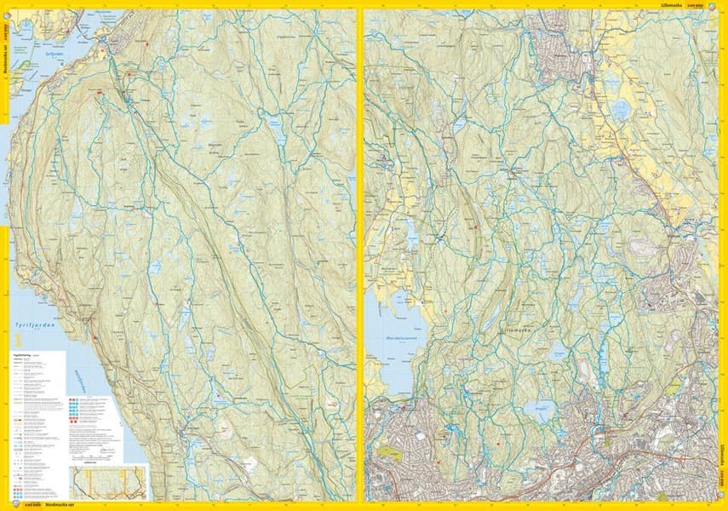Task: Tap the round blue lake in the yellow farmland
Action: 622,110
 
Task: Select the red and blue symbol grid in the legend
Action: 76,407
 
